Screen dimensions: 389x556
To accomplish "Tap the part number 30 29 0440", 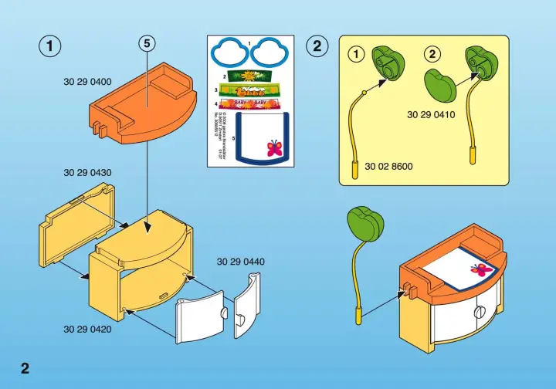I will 241,262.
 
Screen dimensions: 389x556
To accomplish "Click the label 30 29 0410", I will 431,115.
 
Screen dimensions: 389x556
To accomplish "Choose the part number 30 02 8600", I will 389,165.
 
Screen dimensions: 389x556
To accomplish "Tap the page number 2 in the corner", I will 25,367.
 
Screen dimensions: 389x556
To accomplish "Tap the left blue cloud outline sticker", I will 230,52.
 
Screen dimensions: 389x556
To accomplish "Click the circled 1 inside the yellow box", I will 356,54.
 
